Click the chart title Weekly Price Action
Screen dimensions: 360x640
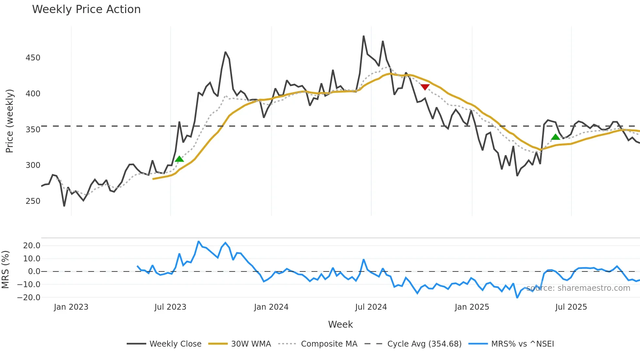pos(86,9)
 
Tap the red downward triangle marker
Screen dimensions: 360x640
pos(425,87)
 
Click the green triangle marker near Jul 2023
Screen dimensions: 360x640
pos(179,159)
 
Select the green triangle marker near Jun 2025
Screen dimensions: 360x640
pos(555,137)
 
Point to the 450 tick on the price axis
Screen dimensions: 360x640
pos(33,58)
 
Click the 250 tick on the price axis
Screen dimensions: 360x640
pos(33,201)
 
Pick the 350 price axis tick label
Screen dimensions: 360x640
pos(33,129)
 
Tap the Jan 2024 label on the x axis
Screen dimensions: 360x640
pos(271,307)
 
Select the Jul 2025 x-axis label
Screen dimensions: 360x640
pos(571,307)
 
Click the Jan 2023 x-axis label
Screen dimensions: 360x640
pos(71,307)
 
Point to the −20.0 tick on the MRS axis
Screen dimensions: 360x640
pos(29,297)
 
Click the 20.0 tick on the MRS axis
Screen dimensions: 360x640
pos(32,246)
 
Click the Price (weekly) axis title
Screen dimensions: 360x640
pos(9,121)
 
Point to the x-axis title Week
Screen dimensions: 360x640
pos(340,324)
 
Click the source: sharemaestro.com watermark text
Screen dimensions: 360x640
pos(578,288)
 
